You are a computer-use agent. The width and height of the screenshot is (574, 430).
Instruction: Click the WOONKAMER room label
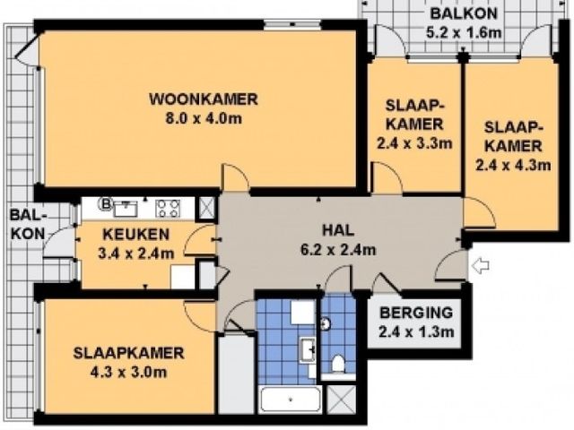coord(204,99)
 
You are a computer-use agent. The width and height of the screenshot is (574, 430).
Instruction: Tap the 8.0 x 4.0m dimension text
coord(204,119)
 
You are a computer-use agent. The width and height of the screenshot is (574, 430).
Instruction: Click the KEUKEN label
coord(136,235)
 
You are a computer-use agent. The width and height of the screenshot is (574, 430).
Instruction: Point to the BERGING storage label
coord(416,313)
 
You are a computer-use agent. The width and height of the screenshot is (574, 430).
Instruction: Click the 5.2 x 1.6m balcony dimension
coord(464,32)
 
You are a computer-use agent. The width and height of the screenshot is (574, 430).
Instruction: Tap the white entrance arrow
coord(481,265)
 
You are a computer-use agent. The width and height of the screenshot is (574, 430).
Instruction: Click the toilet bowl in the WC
coord(338,365)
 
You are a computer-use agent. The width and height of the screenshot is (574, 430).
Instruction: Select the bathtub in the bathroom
coord(291,400)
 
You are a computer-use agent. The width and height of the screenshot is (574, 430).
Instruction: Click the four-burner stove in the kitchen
coord(168,209)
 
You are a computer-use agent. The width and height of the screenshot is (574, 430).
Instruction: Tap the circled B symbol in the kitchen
coord(106,203)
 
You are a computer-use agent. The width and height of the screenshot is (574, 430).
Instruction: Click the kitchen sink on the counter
coord(126,209)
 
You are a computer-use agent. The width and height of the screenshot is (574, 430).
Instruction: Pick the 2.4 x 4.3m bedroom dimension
coord(513,165)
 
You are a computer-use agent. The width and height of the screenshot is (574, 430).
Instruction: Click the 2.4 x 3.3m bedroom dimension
coord(414,143)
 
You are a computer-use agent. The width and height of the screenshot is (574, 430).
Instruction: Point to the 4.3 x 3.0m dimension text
coord(128,373)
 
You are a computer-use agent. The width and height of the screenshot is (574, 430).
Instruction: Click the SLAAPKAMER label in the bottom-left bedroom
coord(128,353)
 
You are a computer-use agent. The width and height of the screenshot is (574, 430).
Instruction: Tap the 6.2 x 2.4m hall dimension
coord(338,250)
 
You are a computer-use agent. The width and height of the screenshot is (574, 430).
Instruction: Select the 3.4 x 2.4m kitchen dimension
coord(136,254)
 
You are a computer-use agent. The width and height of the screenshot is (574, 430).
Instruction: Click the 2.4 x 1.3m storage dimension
coord(416,332)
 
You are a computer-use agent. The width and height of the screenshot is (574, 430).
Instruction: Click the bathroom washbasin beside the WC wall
coord(308,350)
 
